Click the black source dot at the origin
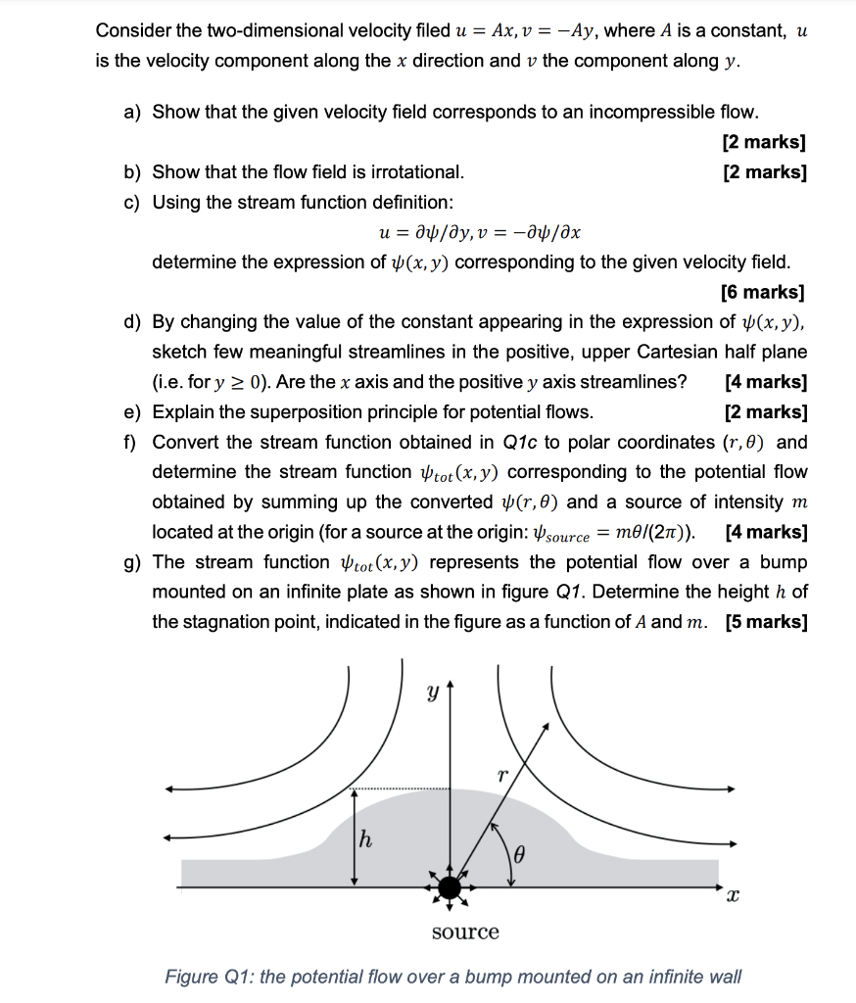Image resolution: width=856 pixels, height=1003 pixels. tap(450, 887)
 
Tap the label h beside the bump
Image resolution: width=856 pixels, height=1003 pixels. tap(365, 838)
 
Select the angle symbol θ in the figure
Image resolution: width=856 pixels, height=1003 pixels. tap(520, 855)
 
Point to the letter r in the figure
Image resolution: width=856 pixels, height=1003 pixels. tap(501, 775)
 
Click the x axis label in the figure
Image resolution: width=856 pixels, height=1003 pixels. tap(734, 895)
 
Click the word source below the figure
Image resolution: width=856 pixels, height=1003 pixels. tap(465, 932)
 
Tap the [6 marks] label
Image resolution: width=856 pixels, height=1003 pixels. tap(763, 292)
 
